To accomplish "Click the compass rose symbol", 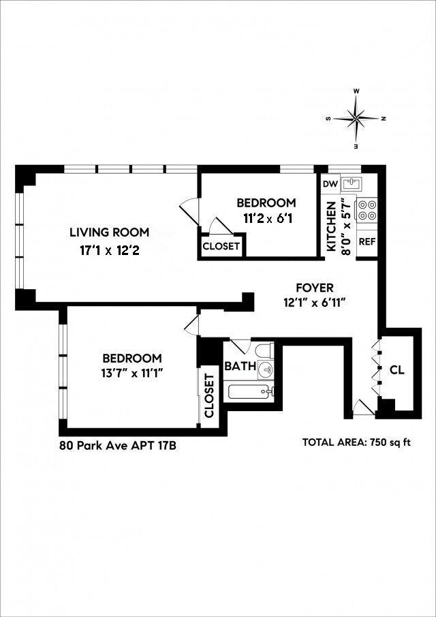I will pos(357,119).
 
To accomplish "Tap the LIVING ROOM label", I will pos(109,232).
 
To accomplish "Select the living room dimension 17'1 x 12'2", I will pos(109,251).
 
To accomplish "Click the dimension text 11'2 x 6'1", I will pos(266,219).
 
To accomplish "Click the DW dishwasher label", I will pos(330,184).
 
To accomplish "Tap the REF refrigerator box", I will pos(367,241).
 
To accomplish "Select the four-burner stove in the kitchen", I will pos(367,209).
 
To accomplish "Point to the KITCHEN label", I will pos(331,226).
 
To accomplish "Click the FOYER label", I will pos(314,288).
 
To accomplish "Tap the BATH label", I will pos(240,366).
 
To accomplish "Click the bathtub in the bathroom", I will pos(250,391).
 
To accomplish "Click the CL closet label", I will pos(397,370).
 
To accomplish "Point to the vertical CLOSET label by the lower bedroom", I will pos(209,396).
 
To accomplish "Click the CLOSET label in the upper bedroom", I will pos(221,246).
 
